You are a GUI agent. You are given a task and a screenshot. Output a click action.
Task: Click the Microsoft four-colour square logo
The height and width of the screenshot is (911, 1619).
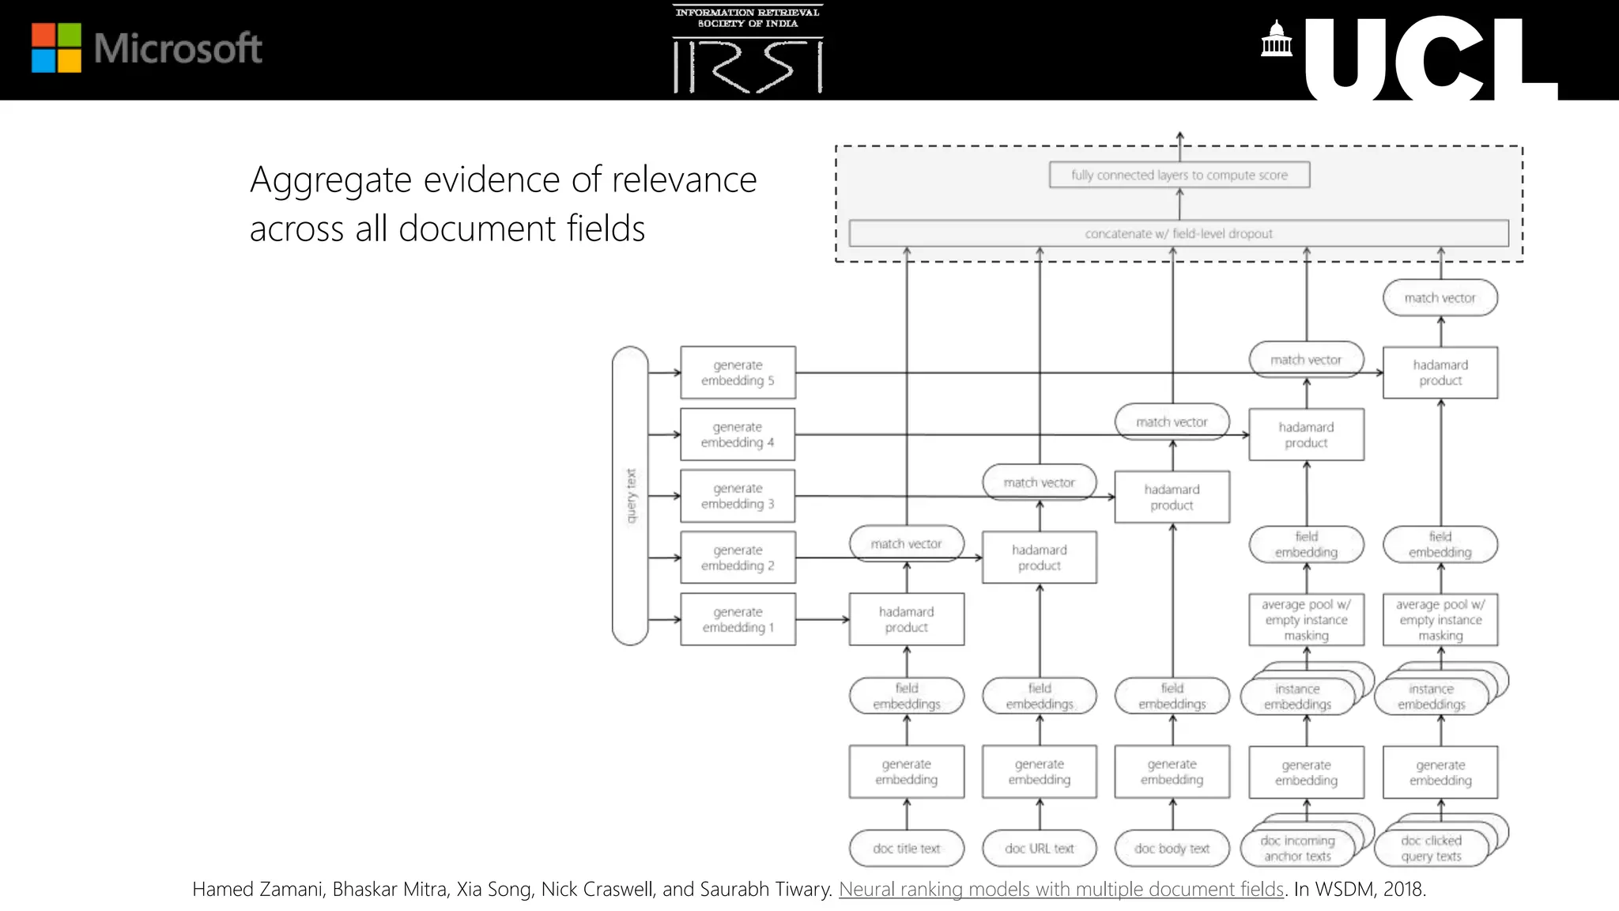[56, 47]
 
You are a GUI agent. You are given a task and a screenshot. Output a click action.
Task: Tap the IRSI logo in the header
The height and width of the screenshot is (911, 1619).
[748, 50]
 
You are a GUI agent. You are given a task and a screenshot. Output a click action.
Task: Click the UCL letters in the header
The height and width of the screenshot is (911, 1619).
[1429, 60]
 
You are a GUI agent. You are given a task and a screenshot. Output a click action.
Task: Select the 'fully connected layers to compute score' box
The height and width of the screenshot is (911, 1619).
[1179, 175]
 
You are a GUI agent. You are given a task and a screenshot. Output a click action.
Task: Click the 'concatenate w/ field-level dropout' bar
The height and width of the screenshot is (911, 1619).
[1178, 233]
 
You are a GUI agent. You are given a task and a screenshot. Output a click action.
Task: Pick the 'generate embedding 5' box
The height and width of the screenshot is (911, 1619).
[738, 372]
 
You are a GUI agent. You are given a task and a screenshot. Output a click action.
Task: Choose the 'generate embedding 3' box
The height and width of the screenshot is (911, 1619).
[738, 496]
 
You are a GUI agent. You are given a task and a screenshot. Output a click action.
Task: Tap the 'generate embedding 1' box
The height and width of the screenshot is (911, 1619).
[738, 619]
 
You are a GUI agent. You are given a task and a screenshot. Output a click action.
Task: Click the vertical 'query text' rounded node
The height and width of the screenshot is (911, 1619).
[630, 496]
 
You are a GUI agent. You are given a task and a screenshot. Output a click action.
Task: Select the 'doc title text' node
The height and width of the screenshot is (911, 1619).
[906, 849]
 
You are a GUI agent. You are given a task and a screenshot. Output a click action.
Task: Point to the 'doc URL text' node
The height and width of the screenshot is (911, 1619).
[1039, 849]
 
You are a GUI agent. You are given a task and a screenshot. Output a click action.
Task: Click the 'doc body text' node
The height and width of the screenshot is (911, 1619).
[1172, 849]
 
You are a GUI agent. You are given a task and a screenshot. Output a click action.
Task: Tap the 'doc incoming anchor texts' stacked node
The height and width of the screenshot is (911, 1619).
[1297, 849]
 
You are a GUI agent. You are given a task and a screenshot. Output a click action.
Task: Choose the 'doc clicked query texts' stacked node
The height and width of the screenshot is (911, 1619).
[1431, 849]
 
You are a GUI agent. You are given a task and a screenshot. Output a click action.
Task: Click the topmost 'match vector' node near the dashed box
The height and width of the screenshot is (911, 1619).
[1440, 298]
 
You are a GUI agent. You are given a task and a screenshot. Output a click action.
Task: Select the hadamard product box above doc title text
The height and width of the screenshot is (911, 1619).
[906, 619]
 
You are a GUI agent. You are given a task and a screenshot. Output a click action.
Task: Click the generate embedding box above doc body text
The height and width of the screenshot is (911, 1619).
[1172, 771]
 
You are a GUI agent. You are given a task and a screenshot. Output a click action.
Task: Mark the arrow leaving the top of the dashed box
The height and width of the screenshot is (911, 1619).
[1179, 138]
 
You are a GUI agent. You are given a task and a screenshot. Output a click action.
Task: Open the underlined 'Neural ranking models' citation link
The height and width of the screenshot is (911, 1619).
[1060, 889]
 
